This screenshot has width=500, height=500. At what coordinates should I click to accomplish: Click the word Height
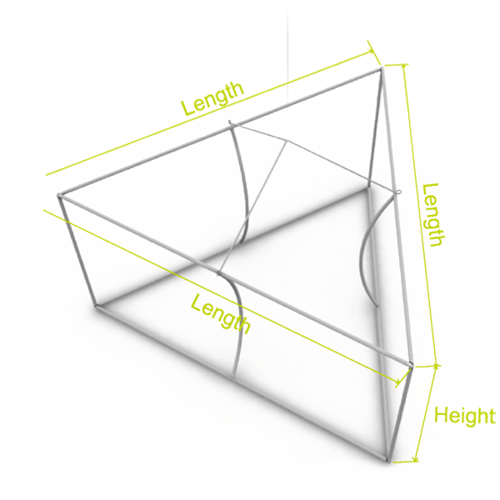point(465,416)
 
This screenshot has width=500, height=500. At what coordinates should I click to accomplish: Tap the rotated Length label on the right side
point(432,215)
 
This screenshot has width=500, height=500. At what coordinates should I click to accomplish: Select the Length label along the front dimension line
point(220,314)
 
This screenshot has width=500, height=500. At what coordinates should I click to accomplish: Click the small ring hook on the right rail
point(398,192)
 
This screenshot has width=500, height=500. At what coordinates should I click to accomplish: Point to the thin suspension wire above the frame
point(287,54)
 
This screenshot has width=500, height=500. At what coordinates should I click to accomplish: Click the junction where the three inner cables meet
point(287,141)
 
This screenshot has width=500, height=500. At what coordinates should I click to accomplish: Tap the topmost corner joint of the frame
point(381,68)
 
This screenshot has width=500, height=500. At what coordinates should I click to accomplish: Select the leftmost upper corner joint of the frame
point(60,195)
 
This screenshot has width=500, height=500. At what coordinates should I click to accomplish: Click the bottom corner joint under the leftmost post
point(97,306)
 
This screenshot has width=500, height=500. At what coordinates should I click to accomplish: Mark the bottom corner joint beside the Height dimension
point(387,459)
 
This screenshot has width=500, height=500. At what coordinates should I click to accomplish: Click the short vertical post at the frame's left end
point(78,251)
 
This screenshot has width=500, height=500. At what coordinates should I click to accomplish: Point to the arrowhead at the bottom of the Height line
point(415,458)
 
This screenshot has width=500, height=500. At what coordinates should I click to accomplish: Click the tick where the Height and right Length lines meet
point(437,366)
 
